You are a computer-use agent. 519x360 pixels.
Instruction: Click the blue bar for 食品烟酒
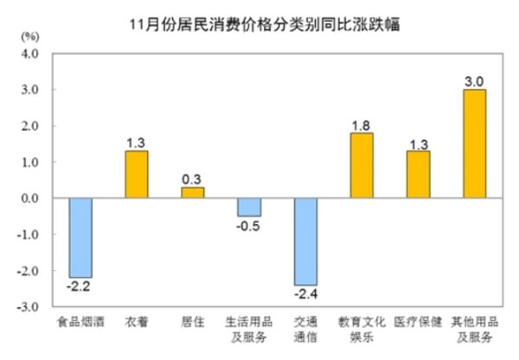tap(80, 238)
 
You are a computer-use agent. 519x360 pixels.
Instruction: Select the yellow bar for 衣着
tap(136, 175)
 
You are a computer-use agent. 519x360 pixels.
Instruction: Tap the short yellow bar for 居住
tap(192, 193)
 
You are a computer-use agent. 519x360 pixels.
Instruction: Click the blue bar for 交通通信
tap(305, 241)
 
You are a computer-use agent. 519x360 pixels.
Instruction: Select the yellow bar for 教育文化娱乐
tap(362, 165)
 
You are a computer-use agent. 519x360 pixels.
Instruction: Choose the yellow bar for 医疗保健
tap(418, 175)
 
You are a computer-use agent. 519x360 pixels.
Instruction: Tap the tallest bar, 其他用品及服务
tap(474, 144)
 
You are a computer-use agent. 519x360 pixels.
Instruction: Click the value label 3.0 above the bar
tap(474, 80)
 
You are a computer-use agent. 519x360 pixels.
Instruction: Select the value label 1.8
tap(362, 124)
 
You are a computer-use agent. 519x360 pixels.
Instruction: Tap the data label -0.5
tap(249, 227)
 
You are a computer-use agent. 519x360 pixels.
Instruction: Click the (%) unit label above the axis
tap(29, 36)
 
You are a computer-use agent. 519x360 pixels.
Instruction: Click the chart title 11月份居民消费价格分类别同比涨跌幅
tap(259, 18)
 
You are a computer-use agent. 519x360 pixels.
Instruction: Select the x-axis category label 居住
tap(192, 323)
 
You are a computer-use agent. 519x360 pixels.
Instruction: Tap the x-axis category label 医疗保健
tap(418, 323)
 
